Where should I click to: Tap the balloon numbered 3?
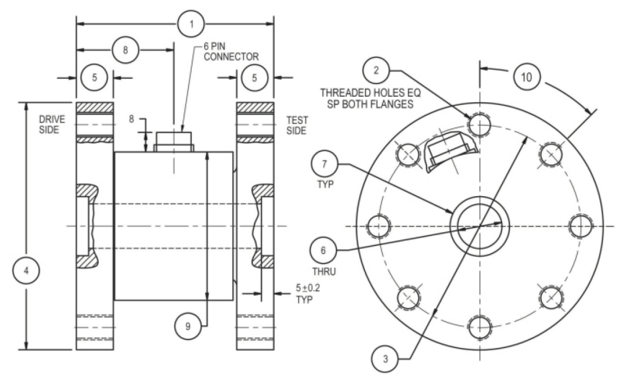(386, 359)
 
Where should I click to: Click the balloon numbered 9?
(188, 326)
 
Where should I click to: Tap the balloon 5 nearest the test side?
(254, 78)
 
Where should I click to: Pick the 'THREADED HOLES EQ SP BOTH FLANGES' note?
(366, 98)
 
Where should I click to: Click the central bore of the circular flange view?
(479, 225)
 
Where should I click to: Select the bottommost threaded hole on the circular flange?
(479, 326)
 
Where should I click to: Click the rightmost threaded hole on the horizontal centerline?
(579, 225)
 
